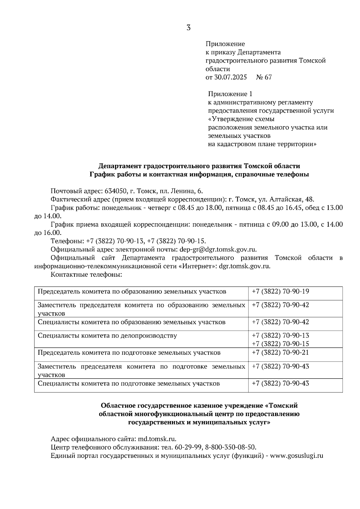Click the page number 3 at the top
(188, 28)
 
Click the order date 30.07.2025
(230, 77)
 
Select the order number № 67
(264, 77)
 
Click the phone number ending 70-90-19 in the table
(280, 291)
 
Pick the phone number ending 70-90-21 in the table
(280, 353)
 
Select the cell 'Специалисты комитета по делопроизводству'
(107, 336)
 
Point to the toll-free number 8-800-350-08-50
(231, 448)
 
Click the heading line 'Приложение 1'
(230, 94)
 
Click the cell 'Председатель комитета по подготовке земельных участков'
(129, 353)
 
